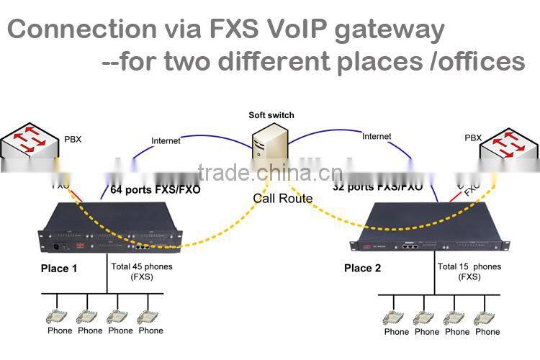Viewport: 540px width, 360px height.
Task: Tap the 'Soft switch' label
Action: [x=271, y=115]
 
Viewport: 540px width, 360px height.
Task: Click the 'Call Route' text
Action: [x=282, y=198]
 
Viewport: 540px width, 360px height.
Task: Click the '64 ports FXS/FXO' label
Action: [x=155, y=190]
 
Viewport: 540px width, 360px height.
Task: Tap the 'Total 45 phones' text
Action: [x=142, y=266]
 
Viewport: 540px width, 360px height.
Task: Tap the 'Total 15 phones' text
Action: [x=469, y=266]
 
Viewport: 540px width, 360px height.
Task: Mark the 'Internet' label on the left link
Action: [x=166, y=141]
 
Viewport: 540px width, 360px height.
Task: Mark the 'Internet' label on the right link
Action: [x=377, y=136]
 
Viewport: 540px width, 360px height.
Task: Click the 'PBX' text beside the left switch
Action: [x=73, y=139]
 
